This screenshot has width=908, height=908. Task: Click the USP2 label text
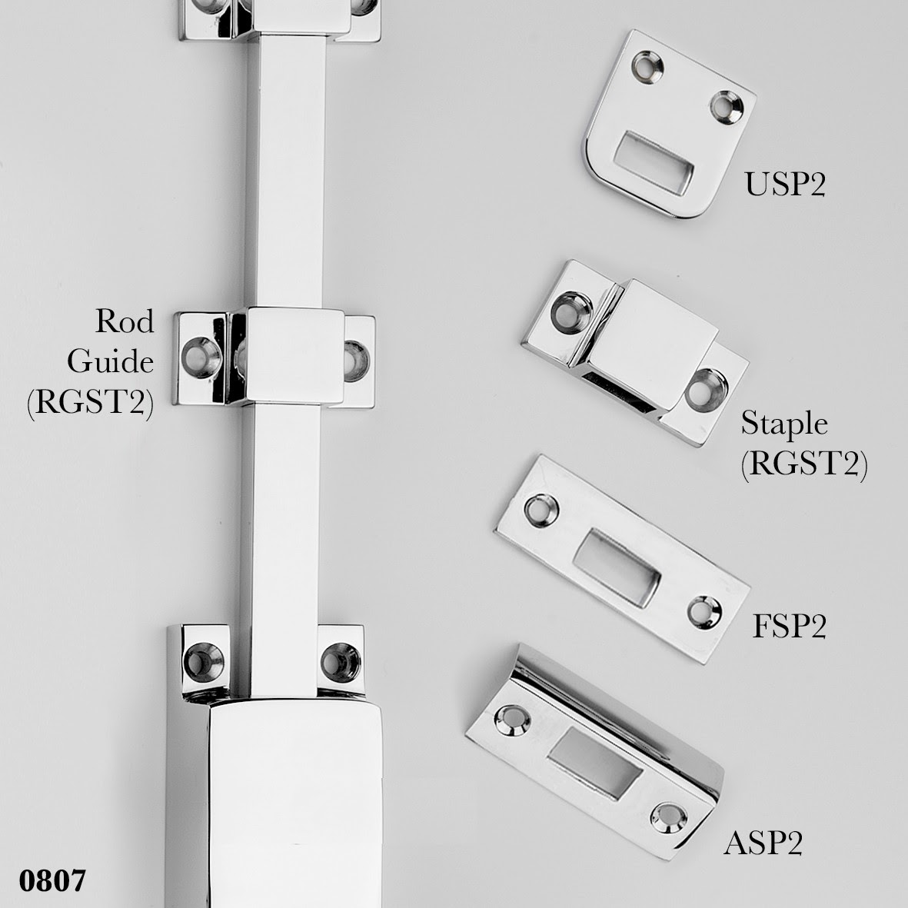(x=785, y=185)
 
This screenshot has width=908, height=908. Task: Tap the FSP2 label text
(x=789, y=626)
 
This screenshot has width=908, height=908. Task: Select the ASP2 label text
(x=763, y=843)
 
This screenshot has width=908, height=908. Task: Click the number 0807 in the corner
(x=52, y=881)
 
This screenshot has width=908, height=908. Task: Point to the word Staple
(x=785, y=424)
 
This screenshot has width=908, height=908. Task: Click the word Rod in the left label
(x=125, y=321)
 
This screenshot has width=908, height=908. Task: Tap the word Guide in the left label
(x=111, y=361)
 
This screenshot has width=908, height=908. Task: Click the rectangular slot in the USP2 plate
(x=654, y=163)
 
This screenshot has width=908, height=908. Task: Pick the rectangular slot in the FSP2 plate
(x=617, y=567)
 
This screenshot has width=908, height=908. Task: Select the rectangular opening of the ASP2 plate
(x=595, y=763)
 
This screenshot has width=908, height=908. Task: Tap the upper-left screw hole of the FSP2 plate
(x=540, y=511)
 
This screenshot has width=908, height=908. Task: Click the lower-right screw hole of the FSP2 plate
(x=705, y=612)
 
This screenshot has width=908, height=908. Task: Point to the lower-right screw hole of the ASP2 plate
(x=669, y=819)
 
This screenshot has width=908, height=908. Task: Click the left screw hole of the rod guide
(x=201, y=358)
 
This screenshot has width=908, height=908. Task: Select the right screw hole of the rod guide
(x=355, y=361)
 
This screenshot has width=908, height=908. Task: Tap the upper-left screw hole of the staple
(x=571, y=313)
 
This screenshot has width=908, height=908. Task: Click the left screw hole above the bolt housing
(x=203, y=661)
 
